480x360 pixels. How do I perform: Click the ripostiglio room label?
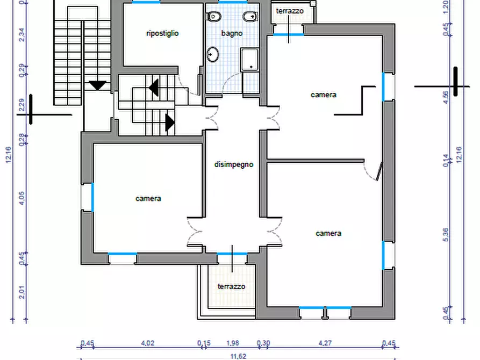162,33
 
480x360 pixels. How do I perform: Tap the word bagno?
232,33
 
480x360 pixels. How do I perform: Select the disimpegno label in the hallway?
234,164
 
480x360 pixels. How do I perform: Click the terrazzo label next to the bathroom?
290,11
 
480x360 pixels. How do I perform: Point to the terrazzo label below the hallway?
232,286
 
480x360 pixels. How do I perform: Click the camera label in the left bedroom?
148,198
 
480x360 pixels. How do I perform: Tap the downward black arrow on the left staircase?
98,85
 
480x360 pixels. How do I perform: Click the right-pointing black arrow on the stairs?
170,123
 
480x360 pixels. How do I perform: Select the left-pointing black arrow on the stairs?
154,88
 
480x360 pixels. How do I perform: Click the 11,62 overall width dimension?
239,356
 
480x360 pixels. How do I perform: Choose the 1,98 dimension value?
232,343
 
